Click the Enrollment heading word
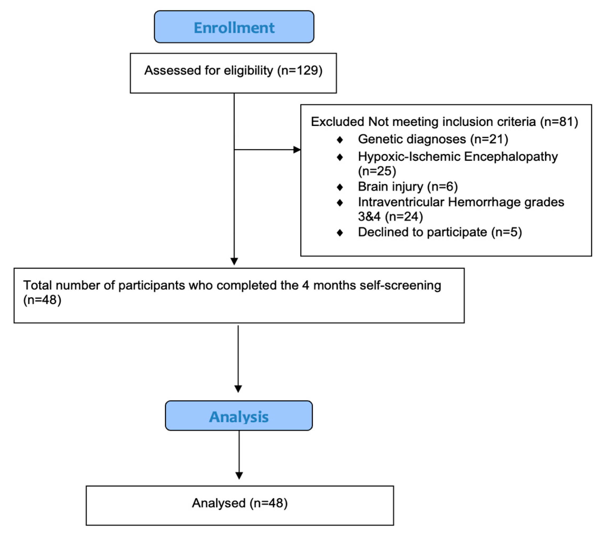pyautogui.click(x=234, y=28)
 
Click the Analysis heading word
pyautogui.click(x=239, y=417)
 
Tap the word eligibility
pyautogui.click(x=248, y=70)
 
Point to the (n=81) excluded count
pyautogui.click(x=559, y=122)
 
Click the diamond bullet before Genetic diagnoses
pyautogui.click(x=340, y=140)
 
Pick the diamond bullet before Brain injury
pyautogui.click(x=340, y=187)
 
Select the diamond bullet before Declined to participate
pyautogui.click(x=340, y=233)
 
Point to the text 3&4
pyautogui.click(x=369, y=217)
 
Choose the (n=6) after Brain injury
pyautogui.click(x=442, y=187)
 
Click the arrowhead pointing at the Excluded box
pyautogui.click(x=297, y=150)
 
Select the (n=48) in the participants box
pyautogui.click(x=42, y=300)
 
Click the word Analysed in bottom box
pyautogui.click(x=219, y=503)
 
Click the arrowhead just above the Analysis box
pyautogui.click(x=238, y=389)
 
